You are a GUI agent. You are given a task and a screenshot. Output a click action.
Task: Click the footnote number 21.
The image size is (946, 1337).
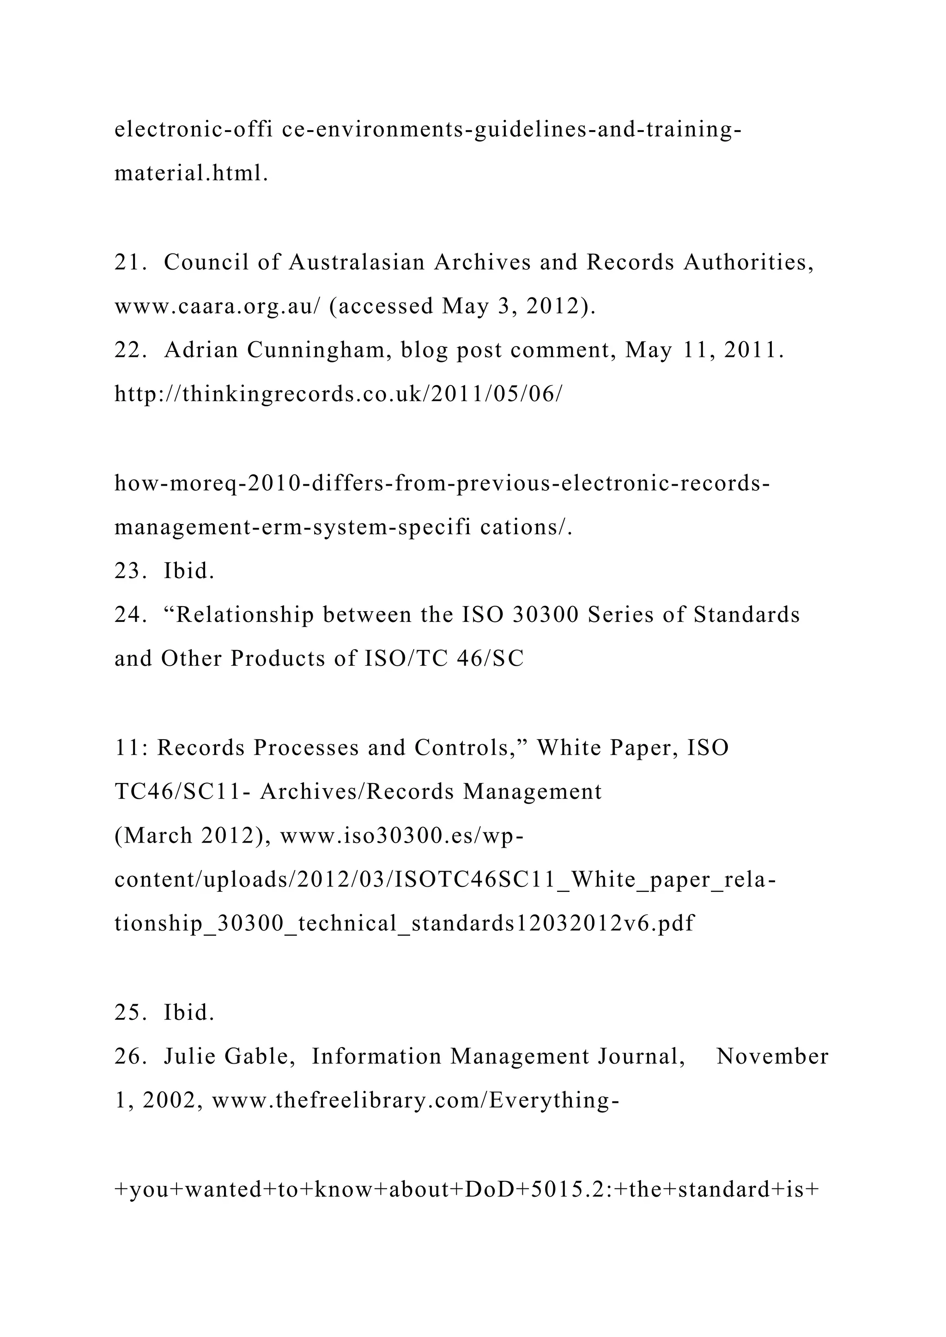point(127,263)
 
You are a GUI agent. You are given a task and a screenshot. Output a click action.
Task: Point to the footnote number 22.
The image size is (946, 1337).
point(127,350)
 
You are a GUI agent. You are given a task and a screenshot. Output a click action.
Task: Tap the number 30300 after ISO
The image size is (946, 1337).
point(545,615)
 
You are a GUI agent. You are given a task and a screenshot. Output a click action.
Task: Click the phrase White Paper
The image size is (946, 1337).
point(606,748)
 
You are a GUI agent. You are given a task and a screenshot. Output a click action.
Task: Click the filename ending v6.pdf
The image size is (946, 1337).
point(404,923)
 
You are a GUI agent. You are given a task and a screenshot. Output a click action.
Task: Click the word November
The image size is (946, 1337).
point(772,1056)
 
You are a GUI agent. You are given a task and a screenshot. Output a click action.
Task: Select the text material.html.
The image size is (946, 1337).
point(191,174)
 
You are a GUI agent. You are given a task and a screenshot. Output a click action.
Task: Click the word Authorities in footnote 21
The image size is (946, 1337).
point(748,263)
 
